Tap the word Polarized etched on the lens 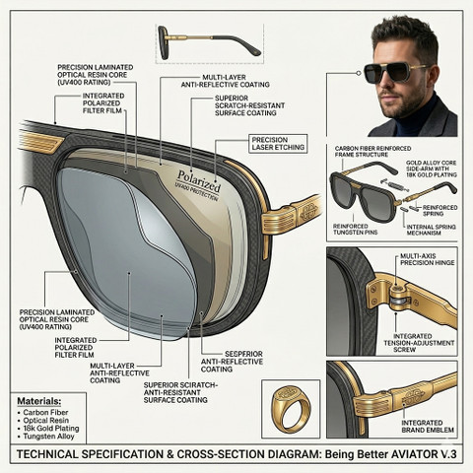click(x=198, y=181)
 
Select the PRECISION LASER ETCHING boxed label click(x=278, y=144)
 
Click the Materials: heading click(x=39, y=401)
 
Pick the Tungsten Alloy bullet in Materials click(x=48, y=437)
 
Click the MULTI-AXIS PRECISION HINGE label click(x=427, y=259)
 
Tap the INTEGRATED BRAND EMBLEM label click(x=428, y=427)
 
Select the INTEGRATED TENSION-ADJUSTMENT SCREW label click(x=419, y=343)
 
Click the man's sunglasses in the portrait click(x=394, y=72)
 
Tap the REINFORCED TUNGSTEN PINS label click(x=355, y=230)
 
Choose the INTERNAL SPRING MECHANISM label click(x=431, y=230)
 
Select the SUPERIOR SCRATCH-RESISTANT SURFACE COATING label click(x=249, y=105)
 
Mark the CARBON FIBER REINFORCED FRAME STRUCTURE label click(x=372, y=152)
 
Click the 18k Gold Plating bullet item click(x=51, y=429)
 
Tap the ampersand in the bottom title click(x=169, y=454)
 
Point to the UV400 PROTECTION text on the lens click(x=196, y=195)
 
